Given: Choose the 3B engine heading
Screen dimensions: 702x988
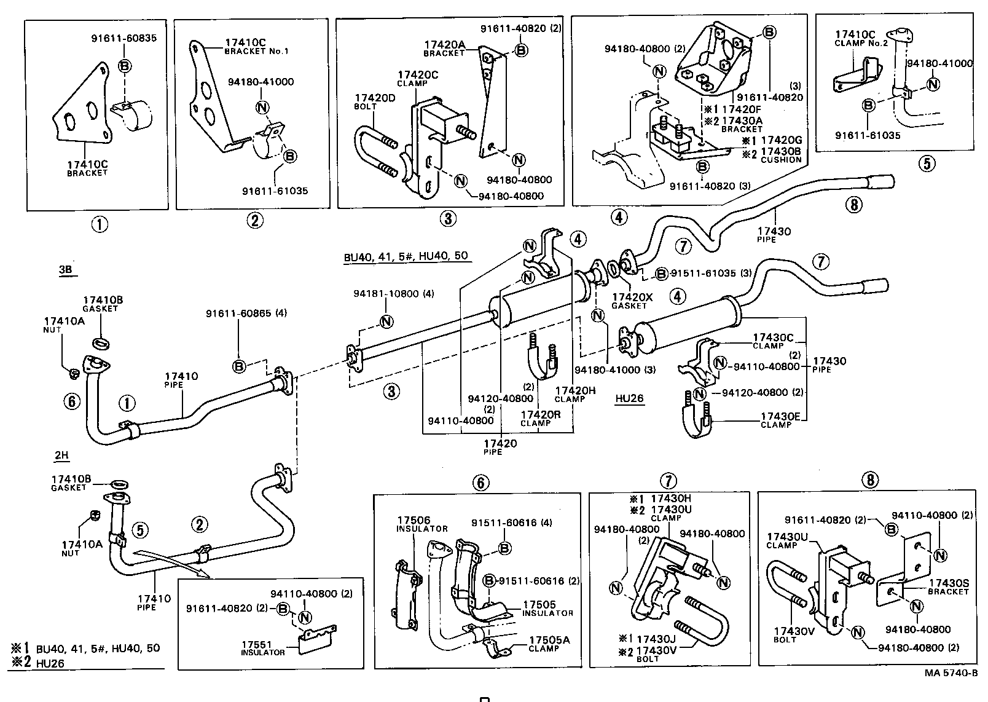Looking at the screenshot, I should [66, 269].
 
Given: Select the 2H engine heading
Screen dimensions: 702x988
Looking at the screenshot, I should [61, 456].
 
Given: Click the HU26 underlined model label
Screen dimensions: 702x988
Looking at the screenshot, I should [629, 398].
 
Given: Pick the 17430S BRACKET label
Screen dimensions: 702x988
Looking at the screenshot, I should [948, 587].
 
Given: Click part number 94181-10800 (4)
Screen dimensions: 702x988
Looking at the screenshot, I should [393, 294].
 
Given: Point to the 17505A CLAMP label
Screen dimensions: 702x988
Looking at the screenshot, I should [549, 644].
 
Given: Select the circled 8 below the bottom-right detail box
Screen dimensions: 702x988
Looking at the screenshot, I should [870, 479].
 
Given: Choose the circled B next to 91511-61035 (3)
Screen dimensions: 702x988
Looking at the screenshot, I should [662, 274].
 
